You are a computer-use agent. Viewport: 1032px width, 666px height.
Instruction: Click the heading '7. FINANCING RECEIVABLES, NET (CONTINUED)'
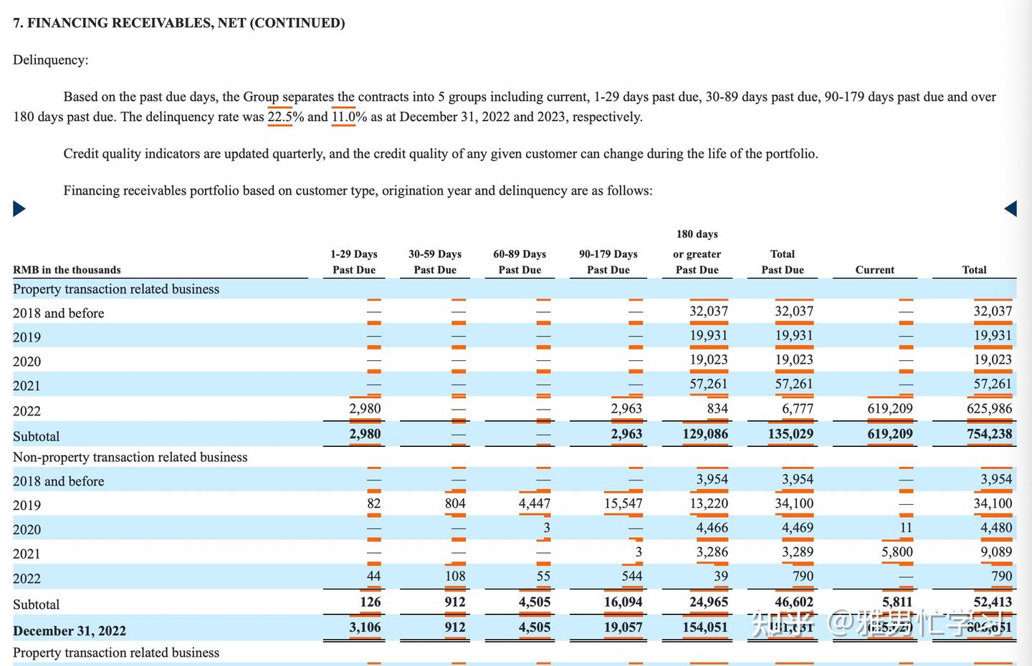[178, 23]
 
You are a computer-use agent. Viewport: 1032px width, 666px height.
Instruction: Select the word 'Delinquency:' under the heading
[50, 60]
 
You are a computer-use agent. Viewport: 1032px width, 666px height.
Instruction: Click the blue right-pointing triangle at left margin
[19, 208]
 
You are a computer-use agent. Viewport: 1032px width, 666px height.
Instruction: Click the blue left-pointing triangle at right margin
[1010, 208]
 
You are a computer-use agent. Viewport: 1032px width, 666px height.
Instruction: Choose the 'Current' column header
[874, 270]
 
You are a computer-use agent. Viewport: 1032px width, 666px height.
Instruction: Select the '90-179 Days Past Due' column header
[608, 262]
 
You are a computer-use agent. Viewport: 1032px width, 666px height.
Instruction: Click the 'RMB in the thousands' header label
[67, 270]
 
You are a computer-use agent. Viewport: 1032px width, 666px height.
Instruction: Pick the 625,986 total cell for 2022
[989, 409]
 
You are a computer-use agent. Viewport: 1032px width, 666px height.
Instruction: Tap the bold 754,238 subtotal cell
[989, 434]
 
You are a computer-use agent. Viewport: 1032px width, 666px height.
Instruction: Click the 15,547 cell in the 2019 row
[623, 503]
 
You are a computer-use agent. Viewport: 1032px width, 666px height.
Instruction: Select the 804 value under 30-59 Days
[455, 503]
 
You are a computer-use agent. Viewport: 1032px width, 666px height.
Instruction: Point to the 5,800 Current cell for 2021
[897, 552]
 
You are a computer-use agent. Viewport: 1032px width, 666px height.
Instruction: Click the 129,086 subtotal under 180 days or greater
[705, 434]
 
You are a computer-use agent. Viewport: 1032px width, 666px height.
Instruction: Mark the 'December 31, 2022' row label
[70, 631]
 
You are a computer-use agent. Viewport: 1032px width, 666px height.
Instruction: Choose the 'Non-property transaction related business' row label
[130, 457]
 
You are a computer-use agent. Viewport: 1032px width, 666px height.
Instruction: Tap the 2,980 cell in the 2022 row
[365, 409]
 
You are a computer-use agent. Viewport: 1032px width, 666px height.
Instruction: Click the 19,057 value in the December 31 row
[623, 627]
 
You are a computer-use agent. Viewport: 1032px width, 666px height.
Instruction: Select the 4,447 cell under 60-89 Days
[535, 503]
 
